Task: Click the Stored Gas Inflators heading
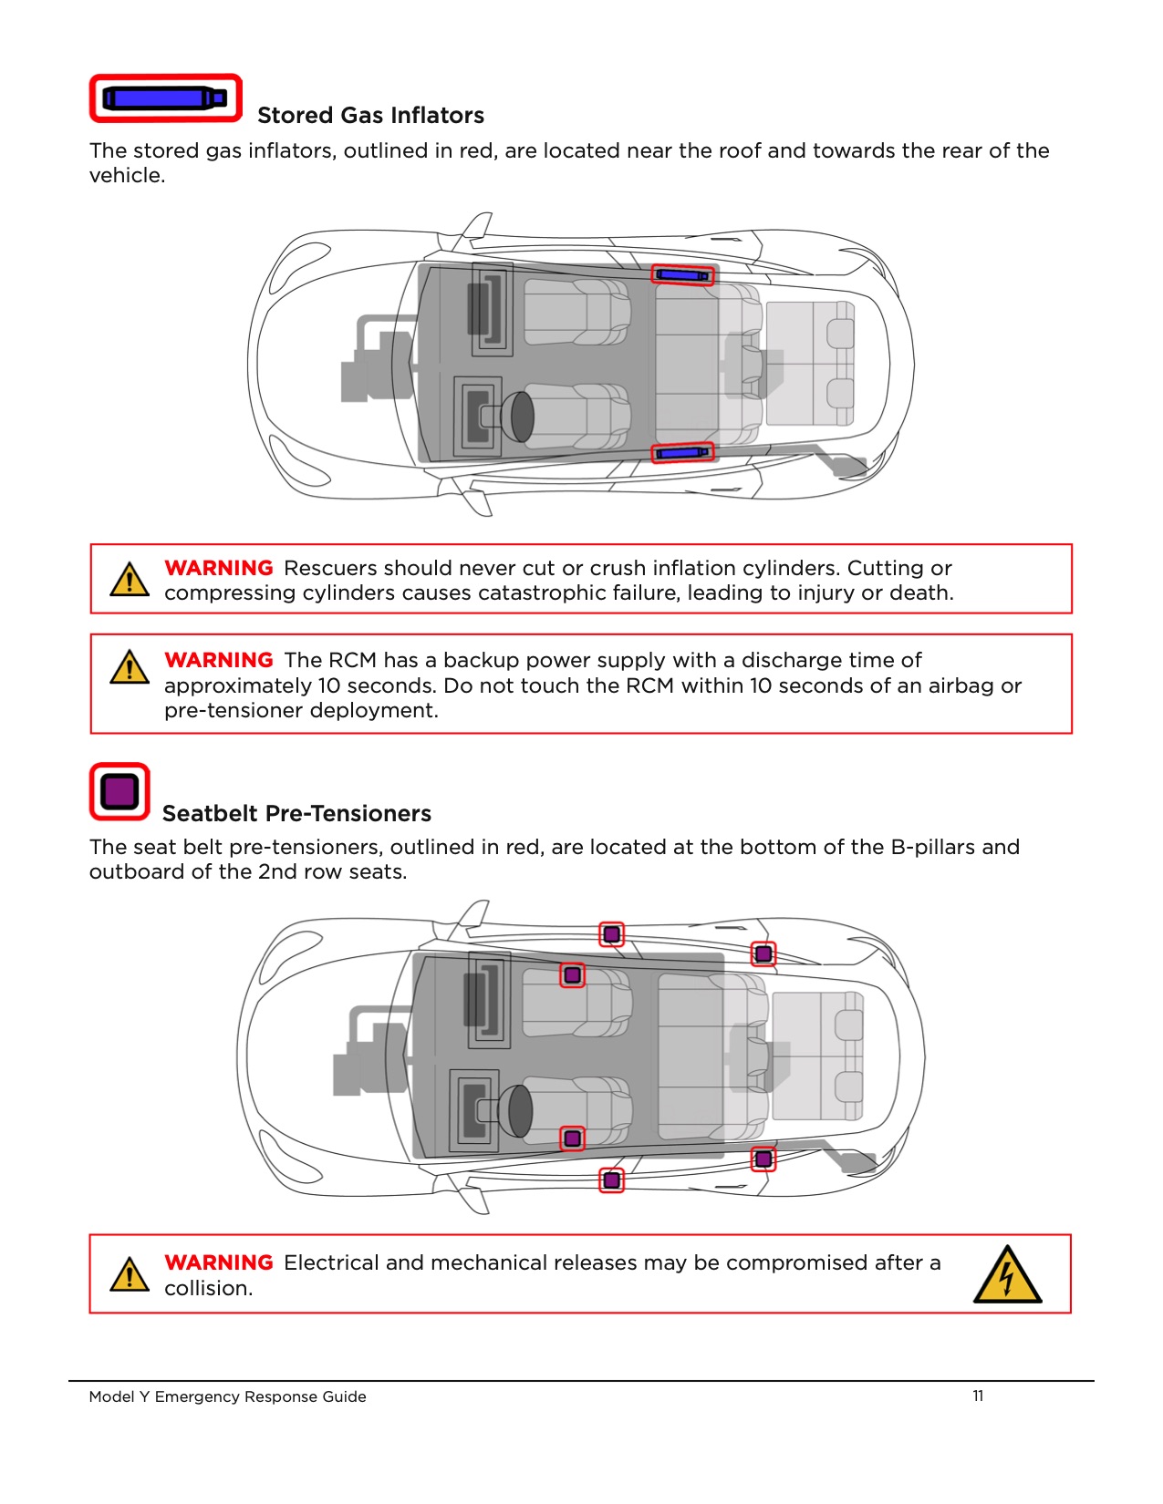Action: pos(370,116)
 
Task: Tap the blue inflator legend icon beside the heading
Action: pos(165,98)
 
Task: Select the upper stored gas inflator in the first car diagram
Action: pos(682,275)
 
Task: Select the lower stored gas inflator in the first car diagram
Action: pos(682,452)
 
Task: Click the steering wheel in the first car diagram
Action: pos(521,417)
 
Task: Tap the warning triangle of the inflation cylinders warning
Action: pos(130,580)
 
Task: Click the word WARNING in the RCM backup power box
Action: pos(219,660)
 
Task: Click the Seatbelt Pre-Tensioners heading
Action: pos(296,813)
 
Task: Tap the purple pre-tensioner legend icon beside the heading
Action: pos(119,791)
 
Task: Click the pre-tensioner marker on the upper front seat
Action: pos(572,975)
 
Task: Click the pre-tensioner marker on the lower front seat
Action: pos(572,1138)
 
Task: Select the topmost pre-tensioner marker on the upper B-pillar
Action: pos(611,934)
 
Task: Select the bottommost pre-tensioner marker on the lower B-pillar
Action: pos(611,1180)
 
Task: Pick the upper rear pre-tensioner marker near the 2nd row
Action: pos(763,954)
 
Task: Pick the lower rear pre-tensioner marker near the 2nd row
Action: pos(763,1159)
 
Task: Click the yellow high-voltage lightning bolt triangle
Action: pos(1007,1275)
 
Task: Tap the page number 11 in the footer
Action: pos(978,1396)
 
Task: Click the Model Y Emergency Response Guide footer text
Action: pos(227,1396)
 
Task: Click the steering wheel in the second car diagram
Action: pos(519,1110)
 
